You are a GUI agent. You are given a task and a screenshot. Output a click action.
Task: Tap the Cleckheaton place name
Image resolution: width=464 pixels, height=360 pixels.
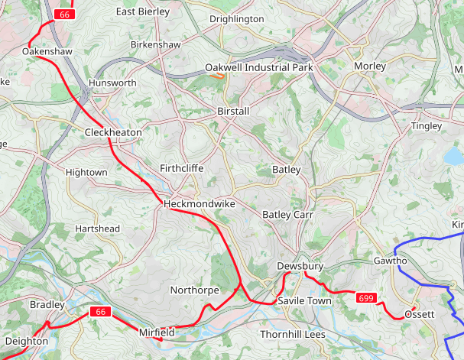click(113, 132)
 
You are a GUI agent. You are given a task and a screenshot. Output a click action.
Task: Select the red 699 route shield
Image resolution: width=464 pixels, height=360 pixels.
click(366, 297)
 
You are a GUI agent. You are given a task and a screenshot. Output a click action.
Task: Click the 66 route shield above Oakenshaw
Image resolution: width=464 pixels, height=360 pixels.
click(64, 15)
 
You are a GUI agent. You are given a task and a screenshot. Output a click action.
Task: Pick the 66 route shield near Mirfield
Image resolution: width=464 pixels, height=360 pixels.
click(100, 311)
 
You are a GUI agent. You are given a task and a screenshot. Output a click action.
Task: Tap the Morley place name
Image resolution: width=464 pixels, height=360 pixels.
click(370, 66)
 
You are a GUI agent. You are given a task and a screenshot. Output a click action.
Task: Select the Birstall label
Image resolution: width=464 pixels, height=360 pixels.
click(233, 111)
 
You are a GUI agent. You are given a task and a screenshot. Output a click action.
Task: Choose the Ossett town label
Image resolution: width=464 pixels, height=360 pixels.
click(419, 314)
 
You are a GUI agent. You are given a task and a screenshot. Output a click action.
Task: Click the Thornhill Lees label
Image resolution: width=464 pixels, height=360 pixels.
click(293, 335)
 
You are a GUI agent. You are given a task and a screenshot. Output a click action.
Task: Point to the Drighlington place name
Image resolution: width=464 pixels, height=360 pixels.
click(236, 18)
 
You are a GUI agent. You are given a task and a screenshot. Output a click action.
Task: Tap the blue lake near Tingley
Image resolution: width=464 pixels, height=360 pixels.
click(455, 157)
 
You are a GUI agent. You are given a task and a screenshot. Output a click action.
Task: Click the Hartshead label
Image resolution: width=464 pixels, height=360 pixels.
click(97, 229)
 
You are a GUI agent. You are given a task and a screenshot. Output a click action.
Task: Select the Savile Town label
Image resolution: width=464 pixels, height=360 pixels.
click(304, 301)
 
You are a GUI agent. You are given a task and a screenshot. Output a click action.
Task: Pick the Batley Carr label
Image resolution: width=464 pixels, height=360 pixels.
click(288, 215)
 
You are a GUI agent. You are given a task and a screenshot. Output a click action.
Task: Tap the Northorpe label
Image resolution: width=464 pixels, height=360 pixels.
click(194, 290)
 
